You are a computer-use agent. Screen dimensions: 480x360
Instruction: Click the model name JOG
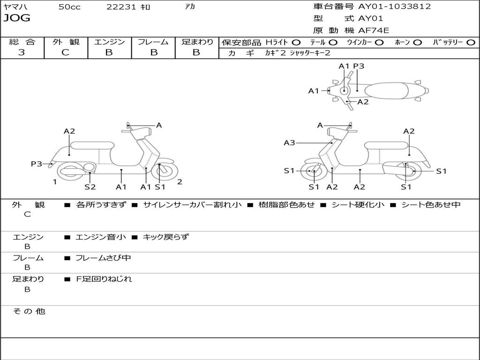coord(17,18)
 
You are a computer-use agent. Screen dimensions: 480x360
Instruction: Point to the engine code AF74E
coord(374,30)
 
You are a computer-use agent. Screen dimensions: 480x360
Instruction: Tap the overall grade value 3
coord(22,52)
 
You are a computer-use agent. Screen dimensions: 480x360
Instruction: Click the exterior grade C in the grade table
coord(66,52)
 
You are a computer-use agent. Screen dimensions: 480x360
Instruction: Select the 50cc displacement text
coord(69,7)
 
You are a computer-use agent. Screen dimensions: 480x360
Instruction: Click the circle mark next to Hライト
coord(296,42)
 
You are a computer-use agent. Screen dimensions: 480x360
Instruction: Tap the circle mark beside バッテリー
coord(471,42)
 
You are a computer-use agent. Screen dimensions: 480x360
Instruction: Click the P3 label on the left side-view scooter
coord(37,164)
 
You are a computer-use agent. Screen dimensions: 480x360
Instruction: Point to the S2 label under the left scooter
coord(90,187)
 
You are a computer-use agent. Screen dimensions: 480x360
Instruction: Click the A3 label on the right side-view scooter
coord(289,142)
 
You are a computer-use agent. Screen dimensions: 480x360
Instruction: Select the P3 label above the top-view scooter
coord(359,66)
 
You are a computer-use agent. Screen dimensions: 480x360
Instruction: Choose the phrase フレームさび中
coord(103,258)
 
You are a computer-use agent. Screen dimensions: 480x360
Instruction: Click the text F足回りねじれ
coord(104,279)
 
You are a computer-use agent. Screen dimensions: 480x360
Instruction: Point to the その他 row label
coord(29,311)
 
